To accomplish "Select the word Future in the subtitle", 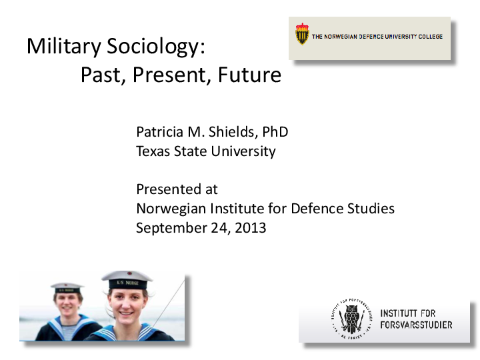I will point(249,75).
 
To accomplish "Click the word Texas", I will point(153,151).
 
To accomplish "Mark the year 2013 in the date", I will point(249,228).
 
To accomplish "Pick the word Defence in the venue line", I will point(317,209).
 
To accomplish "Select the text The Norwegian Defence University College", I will point(377,37).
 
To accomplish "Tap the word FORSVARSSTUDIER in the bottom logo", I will point(415,325).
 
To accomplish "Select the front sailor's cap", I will point(127,280).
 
